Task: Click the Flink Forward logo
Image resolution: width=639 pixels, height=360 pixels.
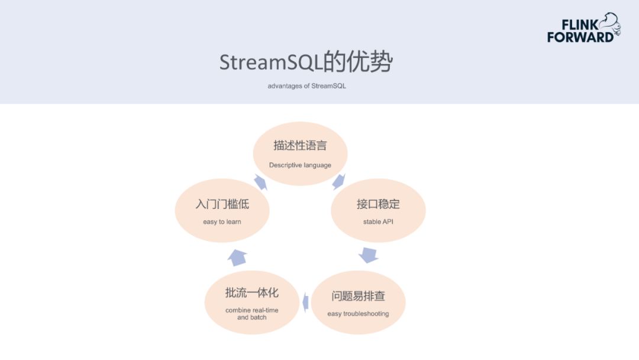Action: (583, 28)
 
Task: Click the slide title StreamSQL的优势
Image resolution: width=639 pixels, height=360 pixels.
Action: (305, 62)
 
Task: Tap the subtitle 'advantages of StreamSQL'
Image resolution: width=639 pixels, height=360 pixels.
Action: (306, 86)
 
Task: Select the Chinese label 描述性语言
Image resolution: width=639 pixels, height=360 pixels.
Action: (300, 146)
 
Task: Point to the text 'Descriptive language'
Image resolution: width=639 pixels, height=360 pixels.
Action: (300, 165)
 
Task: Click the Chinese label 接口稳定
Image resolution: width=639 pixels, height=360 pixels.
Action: (378, 204)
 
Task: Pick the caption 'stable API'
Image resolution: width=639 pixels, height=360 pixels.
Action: (378, 222)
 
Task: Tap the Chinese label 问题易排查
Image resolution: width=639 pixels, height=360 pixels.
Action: (358, 295)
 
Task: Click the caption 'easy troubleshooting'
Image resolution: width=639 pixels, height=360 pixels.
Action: (358, 313)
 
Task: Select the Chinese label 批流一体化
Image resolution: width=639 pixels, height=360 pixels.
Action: (251, 292)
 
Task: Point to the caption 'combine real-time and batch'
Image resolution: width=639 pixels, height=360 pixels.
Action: (251, 314)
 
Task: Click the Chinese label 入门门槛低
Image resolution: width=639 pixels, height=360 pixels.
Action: (222, 204)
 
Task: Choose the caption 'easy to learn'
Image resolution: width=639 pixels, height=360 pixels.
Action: (222, 222)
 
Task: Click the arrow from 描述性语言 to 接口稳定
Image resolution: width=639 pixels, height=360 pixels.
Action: (339, 181)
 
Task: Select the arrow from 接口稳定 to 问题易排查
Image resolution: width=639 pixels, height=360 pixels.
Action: (368, 255)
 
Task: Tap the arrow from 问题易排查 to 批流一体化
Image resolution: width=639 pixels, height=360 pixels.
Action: (305, 302)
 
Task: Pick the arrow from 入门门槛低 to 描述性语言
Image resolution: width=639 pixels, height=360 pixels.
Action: (261, 182)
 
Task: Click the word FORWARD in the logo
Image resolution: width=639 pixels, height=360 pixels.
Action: (580, 37)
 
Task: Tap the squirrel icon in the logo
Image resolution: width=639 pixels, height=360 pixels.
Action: (609, 25)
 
